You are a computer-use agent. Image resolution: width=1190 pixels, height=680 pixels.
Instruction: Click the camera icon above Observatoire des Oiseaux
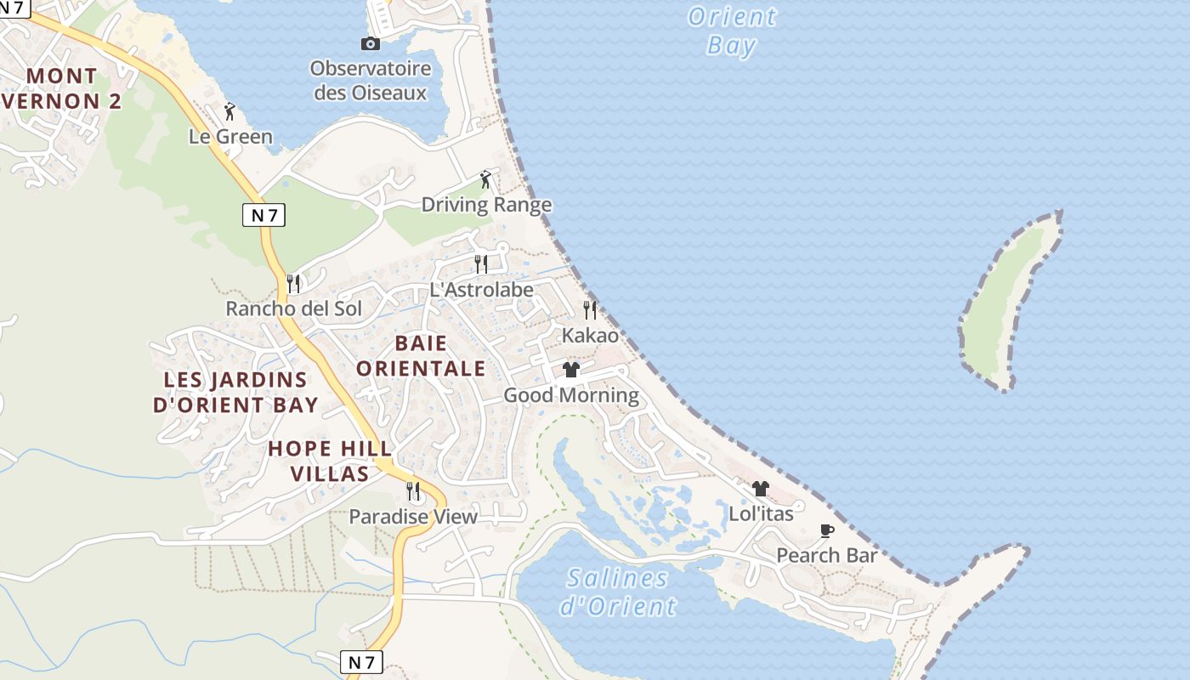point(370,43)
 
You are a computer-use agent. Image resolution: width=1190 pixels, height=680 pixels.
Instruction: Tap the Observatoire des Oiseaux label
point(371,81)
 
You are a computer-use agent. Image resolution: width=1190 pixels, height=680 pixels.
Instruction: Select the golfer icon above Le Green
point(229,111)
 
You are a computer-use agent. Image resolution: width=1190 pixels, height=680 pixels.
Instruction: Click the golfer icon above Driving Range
point(485,179)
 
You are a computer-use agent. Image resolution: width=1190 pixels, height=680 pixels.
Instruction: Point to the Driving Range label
point(486,205)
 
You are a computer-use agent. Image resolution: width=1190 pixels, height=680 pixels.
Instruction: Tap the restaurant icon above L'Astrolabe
point(481,263)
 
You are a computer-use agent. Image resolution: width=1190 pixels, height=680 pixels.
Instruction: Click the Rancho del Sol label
point(293,309)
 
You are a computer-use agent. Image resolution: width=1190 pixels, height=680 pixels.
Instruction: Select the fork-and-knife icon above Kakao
point(590,309)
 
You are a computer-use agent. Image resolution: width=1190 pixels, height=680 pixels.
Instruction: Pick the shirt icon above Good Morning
point(571,370)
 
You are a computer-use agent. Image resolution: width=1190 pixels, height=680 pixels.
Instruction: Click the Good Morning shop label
point(571,395)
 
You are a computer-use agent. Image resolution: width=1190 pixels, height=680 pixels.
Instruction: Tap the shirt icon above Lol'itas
point(761,489)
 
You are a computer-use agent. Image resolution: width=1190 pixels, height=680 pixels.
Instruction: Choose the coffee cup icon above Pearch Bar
point(826,531)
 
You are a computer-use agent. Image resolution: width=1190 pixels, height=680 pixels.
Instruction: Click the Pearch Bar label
point(826,556)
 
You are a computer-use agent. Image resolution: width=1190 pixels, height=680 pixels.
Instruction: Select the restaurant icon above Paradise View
point(413,491)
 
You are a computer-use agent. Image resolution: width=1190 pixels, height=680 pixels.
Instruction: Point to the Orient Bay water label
point(732,31)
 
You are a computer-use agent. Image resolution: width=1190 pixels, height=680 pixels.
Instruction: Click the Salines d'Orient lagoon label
point(618,592)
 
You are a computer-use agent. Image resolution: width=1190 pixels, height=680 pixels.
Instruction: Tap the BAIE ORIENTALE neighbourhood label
point(421,356)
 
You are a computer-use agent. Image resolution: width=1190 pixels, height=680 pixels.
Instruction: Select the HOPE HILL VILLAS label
point(330,461)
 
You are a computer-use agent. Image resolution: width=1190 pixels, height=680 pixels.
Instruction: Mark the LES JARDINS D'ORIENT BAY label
point(235,392)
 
